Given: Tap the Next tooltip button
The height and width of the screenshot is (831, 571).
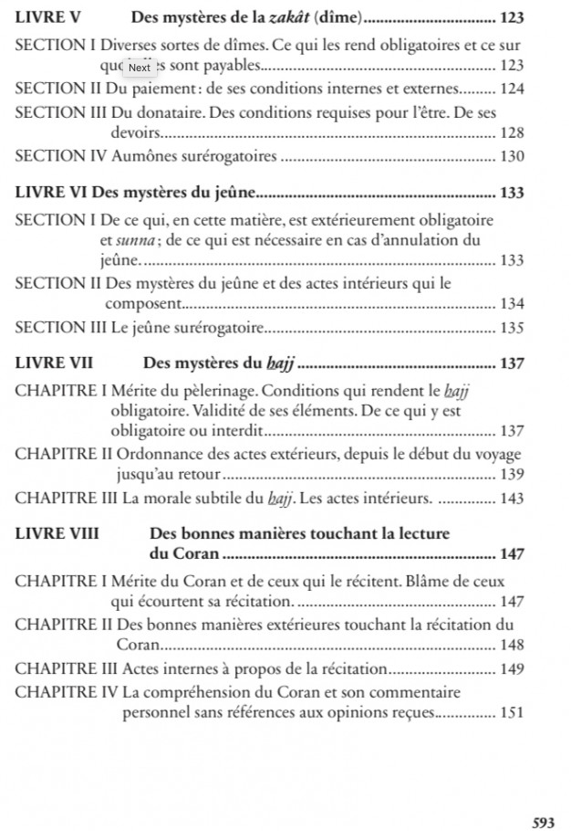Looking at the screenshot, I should click(x=139, y=67).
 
